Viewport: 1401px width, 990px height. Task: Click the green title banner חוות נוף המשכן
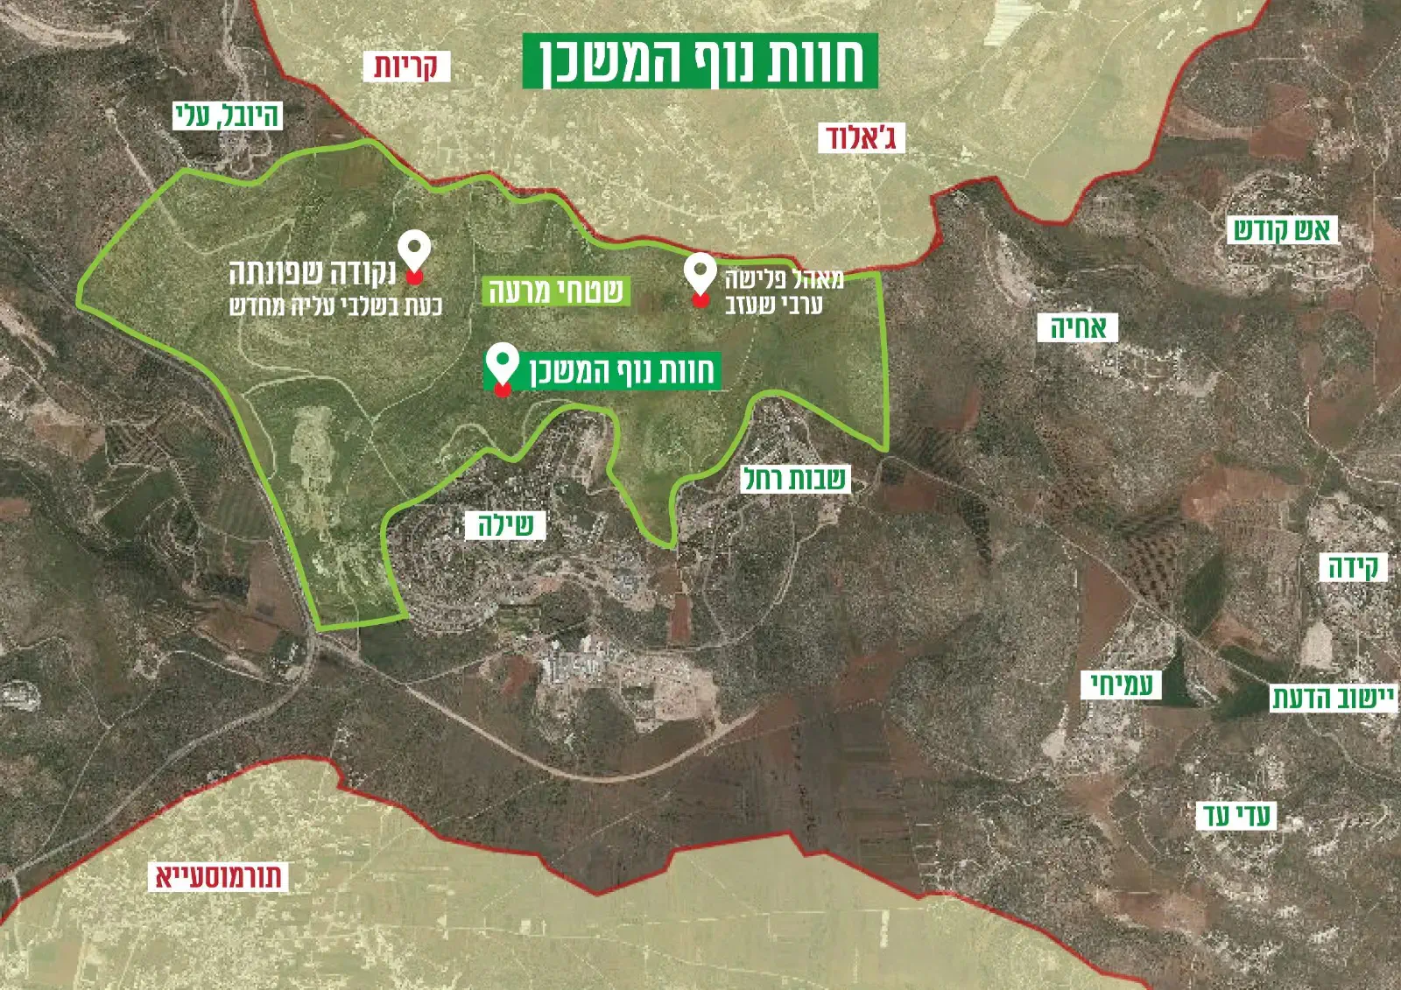pyautogui.click(x=700, y=60)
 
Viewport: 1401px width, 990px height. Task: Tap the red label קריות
pyautogui.click(x=406, y=67)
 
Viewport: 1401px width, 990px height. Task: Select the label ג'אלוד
pyautogui.click(x=861, y=137)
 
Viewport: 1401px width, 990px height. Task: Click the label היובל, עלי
pyautogui.click(x=228, y=116)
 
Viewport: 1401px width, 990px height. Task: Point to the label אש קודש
pyautogui.click(x=1283, y=230)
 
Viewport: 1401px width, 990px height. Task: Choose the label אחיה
pyautogui.click(x=1078, y=328)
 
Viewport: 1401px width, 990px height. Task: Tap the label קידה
pyautogui.click(x=1353, y=567)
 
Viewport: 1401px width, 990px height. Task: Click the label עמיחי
pyautogui.click(x=1122, y=685)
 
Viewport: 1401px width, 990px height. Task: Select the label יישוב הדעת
pyautogui.click(x=1333, y=698)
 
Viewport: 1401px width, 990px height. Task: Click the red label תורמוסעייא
pyautogui.click(x=219, y=876)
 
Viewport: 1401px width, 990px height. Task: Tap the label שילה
pyautogui.click(x=505, y=525)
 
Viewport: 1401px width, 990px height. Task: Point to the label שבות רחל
pyautogui.click(x=795, y=479)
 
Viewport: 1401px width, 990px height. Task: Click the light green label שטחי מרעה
pyautogui.click(x=555, y=291)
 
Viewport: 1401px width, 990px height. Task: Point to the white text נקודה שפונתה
pyautogui.click(x=313, y=274)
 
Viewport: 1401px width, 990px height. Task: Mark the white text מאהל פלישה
pyautogui.click(x=784, y=280)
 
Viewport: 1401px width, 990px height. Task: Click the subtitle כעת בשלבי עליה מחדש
pyautogui.click(x=335, y=306)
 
